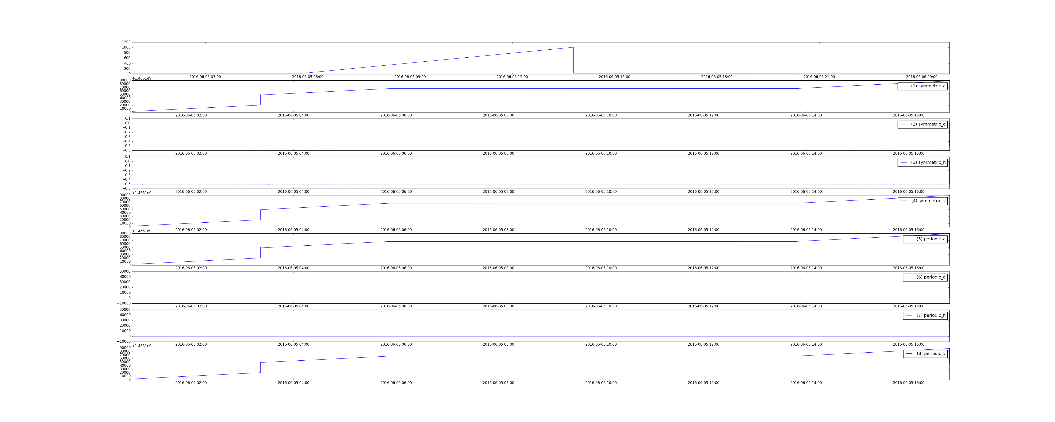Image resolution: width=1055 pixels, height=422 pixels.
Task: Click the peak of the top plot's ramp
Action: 573,47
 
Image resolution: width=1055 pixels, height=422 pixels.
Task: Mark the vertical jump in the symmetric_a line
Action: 260,100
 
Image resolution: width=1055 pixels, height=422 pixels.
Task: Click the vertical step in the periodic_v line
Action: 260,368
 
